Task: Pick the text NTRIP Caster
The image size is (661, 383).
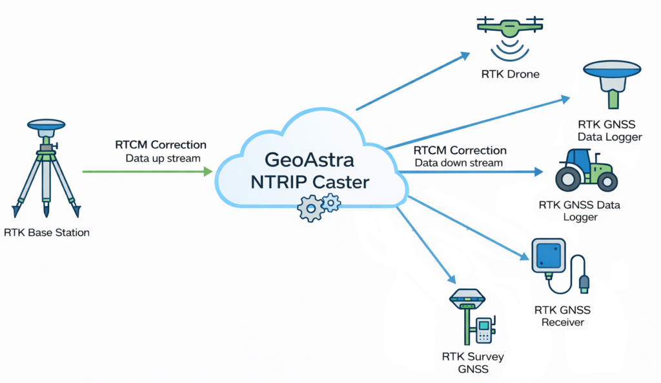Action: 310,182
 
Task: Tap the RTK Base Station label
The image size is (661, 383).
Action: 46,232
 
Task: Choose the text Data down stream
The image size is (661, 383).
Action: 458,162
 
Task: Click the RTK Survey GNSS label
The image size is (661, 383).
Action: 473,362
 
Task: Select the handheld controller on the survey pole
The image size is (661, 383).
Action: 483,330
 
